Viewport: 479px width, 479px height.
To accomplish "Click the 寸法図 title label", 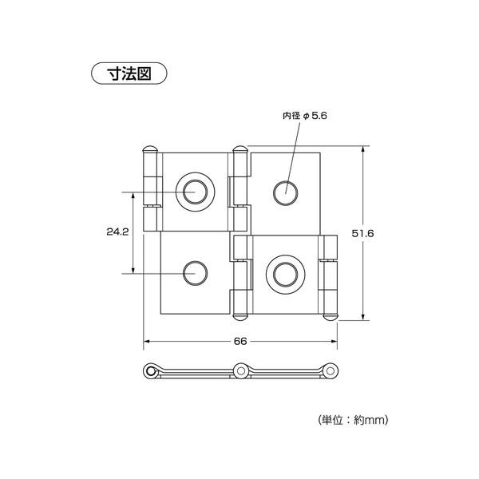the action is point(129,73).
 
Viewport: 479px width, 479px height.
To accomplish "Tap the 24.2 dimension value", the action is point(117,232).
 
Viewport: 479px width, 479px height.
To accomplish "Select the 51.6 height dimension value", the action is point(362,233).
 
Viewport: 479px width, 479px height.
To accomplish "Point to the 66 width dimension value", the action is point(240,341).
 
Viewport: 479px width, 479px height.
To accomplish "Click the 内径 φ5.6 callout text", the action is point(305,116).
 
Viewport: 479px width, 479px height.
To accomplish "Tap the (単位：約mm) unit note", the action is point(353,420).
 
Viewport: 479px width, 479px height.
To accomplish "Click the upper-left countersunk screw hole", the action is point(196,192).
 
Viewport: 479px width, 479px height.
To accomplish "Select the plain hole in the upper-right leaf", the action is point(285,193).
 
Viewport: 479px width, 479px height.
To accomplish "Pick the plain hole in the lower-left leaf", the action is point(196,273).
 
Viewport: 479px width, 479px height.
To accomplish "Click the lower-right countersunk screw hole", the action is point(285,274).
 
